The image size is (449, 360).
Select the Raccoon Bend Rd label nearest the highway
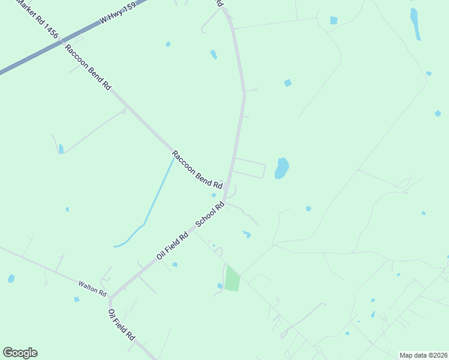(x=88, y=67)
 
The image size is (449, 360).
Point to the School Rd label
(x=210, y=214)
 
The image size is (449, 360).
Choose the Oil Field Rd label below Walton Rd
(x=121, y=325)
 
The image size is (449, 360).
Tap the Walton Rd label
(x=92, y=289)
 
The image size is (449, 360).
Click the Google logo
(x=20, y=353)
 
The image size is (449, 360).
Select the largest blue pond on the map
(x=282, y=168)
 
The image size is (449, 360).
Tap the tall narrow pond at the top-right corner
(x=414, y=23)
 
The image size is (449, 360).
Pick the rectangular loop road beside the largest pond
(x=249, y=169)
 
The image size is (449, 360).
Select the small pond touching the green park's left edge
(x=220, y=286)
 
